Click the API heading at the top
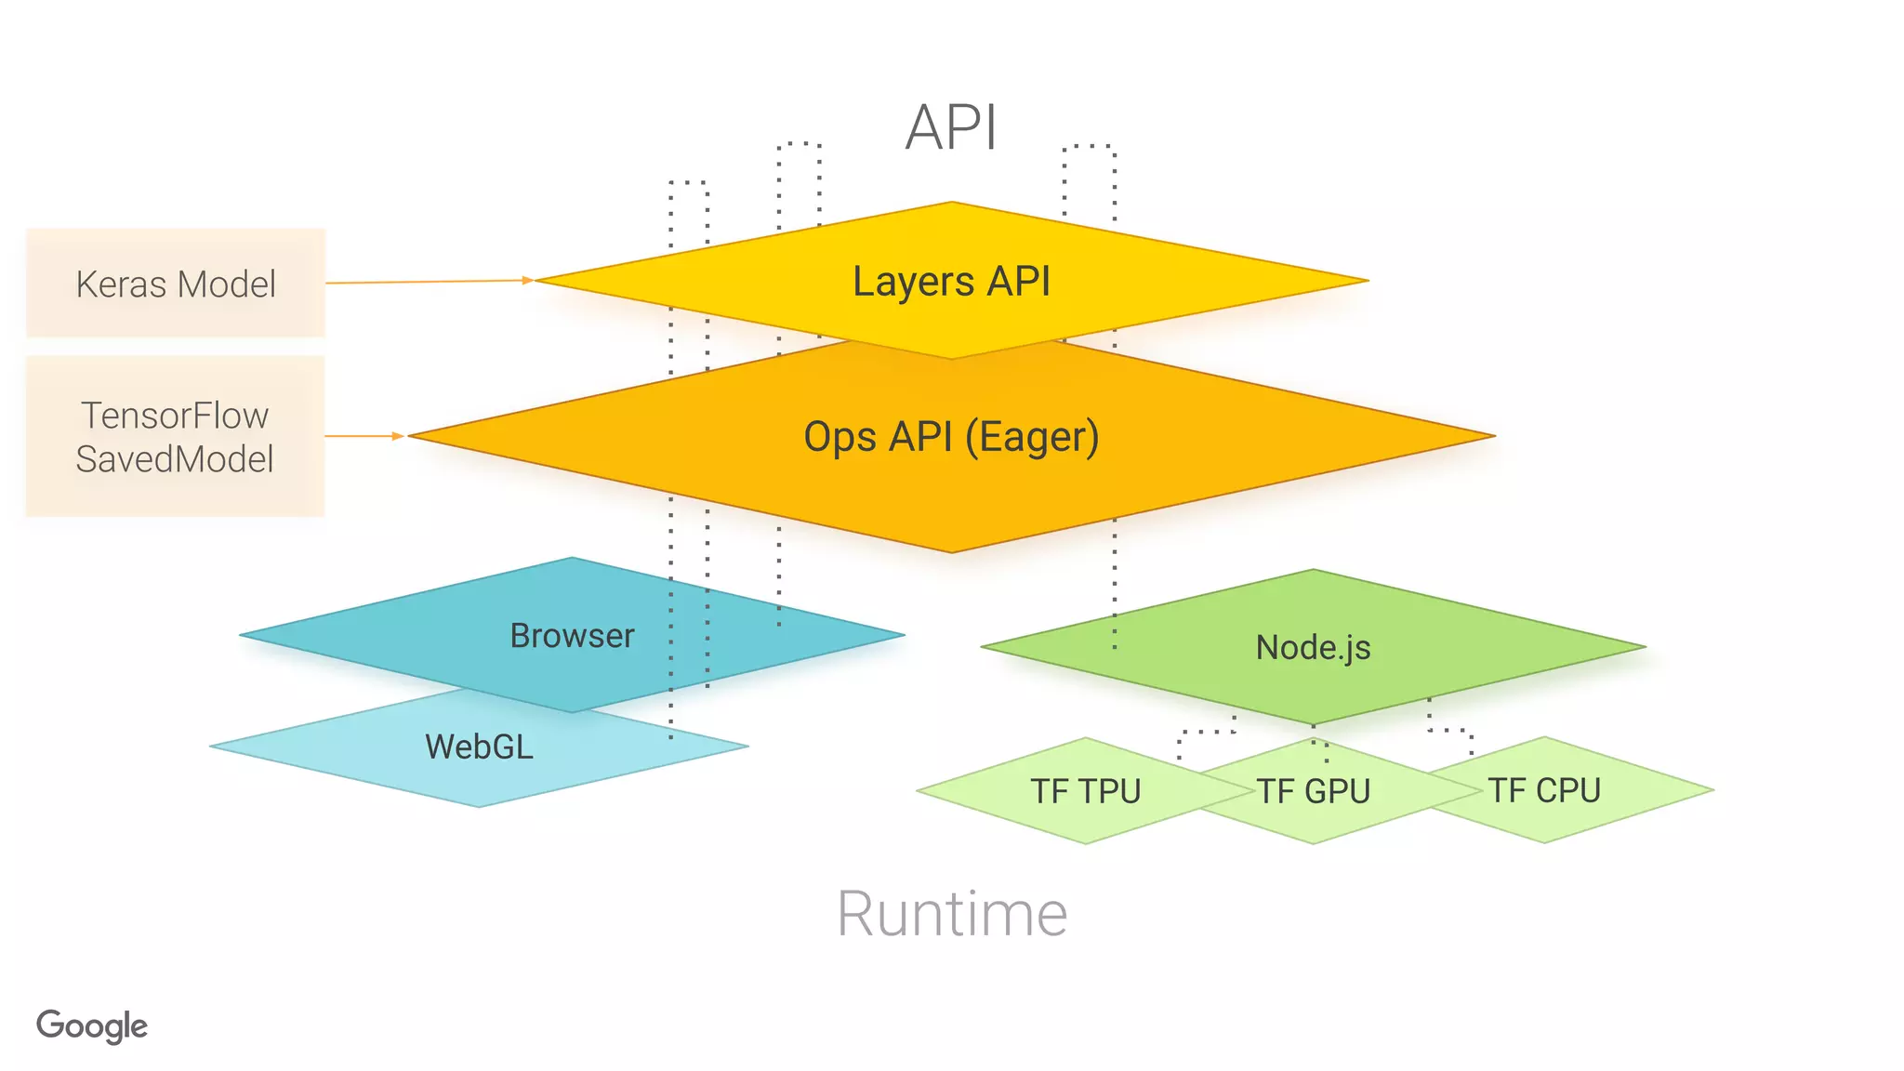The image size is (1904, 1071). (951, 127)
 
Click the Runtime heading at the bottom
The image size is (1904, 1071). (951, 914)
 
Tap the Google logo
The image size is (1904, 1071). (92, 1025)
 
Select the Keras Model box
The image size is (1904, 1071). (176, 284)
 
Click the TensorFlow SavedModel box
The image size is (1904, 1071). (176, 436)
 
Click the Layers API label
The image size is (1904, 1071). (951, 281)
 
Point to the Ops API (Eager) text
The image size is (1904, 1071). (951, 436)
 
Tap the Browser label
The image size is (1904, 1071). (572, 636)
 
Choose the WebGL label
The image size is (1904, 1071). (479, 747)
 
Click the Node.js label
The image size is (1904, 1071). (1313, 647)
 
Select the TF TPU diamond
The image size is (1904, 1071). (1085, 791)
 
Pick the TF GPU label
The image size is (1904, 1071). (1314, 791)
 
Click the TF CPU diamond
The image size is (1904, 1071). (1544, 790)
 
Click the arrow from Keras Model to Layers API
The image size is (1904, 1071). (428, 281)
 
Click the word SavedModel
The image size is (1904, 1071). (175, 459)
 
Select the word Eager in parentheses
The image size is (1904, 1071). (1032, 437)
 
